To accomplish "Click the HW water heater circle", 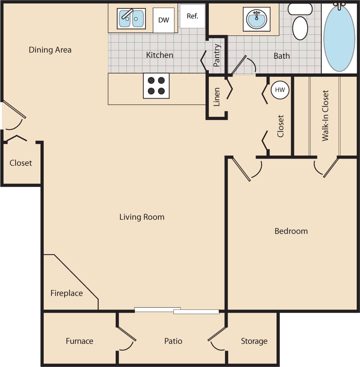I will pyautogui.click(x=280, y=90).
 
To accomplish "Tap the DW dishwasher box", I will pyautogui.click(x=163, y=20).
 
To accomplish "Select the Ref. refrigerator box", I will pyautogui.click(x=192, y=16).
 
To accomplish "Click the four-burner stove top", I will pyautogui.click(x=156, y=86).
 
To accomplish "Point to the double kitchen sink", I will pyautogui.click(x=131, y=18).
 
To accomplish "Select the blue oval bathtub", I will pyautogui.click(x=339, y=37).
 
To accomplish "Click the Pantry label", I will pyautogui.click(x=217, y=55).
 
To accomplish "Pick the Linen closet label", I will pyautogui.click(x=217, y=97).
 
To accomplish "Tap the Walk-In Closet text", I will pyautogui.click(x=325, y=116).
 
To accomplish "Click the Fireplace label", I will pyautogui.click(x=66, y=293).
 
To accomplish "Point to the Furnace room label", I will pyautogui.click(x=80, y=341).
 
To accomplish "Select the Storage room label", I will pyautogui.click(x=254, y=341).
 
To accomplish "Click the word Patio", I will pyautogui.click(x=173, y=341).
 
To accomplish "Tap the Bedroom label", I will pyautogui.click(x=291, y=231).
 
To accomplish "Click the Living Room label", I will pyautogui.click(x=142, y=217).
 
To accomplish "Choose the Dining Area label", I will pyautogui.click(x=50, y=50).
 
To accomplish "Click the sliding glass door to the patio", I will pyautogui.click(x=177, y=310).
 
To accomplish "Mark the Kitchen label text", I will pyautogui.click(x=160, y=55).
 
